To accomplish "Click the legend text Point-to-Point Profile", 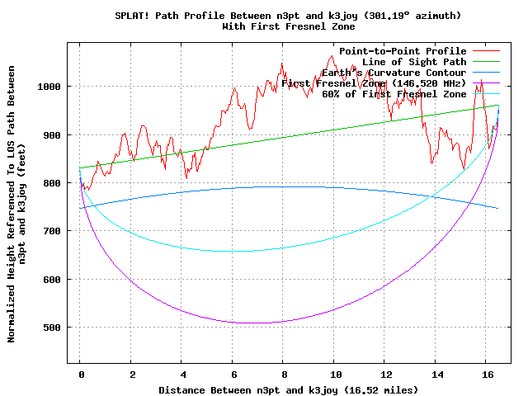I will (x=403, y=51).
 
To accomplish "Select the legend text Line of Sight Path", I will (x=414, y=62).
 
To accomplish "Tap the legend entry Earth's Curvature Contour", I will (x=391, y=73).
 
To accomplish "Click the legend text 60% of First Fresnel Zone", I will (x=394, y=94).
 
